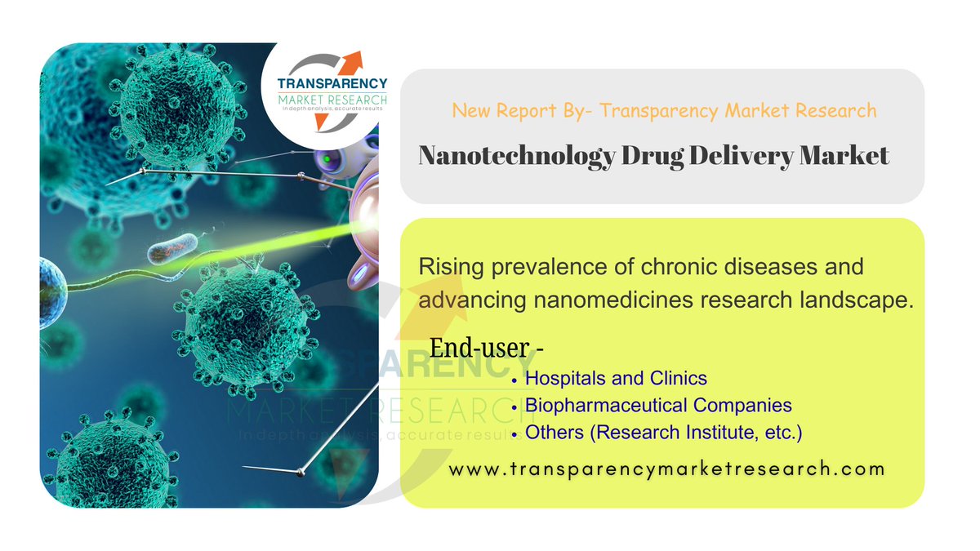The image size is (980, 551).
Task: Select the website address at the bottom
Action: pyautogui.click(x=667, y=469)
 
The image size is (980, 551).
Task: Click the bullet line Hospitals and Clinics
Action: pyautogui.click(x=616, y=378)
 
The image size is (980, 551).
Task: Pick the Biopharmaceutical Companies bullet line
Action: pyautogui.click(x=658, y=405)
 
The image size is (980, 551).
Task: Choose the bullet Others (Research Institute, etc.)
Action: pyautogui.click(x=663, y=432)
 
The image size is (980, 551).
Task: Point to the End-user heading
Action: pyautogui.click(x=487, y=348)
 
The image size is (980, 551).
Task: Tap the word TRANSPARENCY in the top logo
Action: pyautogui.click(x=332, y=84)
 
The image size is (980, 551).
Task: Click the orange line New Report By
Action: pyautogui.click(x=663, y=109)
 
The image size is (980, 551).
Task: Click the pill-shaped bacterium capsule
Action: pyautogui.click(x=171, y=247)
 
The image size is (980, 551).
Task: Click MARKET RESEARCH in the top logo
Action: pyautogui.click(x=332, y=100)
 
